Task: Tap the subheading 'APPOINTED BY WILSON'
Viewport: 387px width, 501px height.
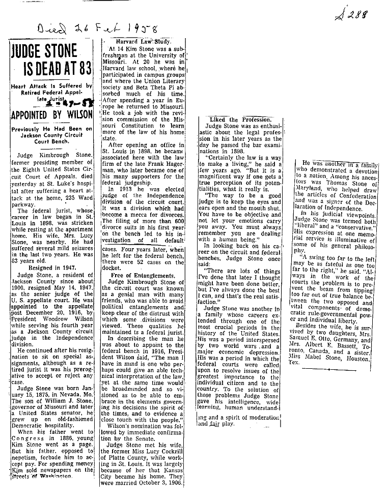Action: tap(50, 113)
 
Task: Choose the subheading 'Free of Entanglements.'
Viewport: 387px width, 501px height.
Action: tap(143, 275)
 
